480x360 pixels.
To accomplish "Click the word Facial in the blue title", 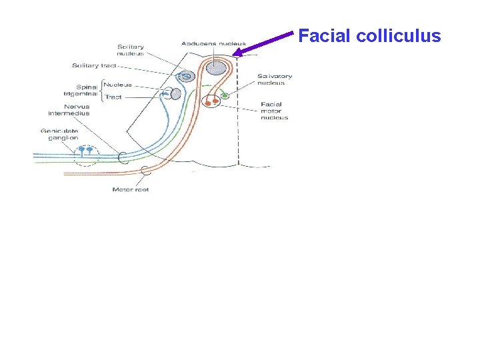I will point(325,36).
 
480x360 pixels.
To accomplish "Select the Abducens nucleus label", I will point(213,44).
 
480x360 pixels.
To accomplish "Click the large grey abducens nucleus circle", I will point(215,67).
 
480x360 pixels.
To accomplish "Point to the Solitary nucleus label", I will point(131,50).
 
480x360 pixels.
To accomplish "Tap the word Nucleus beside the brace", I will point(118,85).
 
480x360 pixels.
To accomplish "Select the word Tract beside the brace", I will point(113,97).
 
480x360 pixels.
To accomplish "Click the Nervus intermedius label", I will point(86,110).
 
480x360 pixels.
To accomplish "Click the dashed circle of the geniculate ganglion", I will point(86,155).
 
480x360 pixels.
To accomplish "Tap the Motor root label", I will point(130,190).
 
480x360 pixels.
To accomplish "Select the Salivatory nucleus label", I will point(275,79).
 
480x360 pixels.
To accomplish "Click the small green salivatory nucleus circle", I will point(225,95).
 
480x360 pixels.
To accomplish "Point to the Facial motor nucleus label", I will point(274,111).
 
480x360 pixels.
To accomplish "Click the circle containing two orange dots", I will point(212,101).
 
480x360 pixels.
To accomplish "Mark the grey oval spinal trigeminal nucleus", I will point(175,94).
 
